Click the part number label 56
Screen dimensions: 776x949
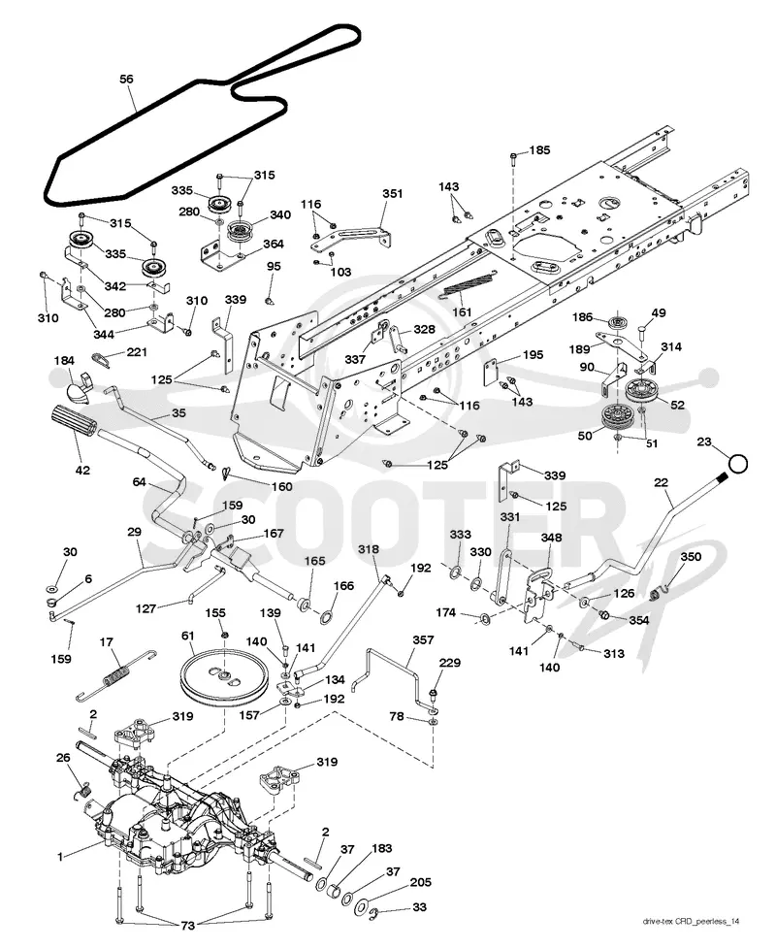pos(126,80)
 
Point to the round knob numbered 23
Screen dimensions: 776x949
pos(738,464)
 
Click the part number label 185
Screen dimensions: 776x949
pos(539,149)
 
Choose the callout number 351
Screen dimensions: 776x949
pos(393,194)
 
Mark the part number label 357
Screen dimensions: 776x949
pos(423,639)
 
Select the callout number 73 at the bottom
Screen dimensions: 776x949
pos(189,926)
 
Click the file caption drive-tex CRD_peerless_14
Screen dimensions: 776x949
pos(691,922)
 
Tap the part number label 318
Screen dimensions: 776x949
pos(369,549)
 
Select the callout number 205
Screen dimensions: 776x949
pos(420,882)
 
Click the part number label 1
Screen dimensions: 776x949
pos(60,857)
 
